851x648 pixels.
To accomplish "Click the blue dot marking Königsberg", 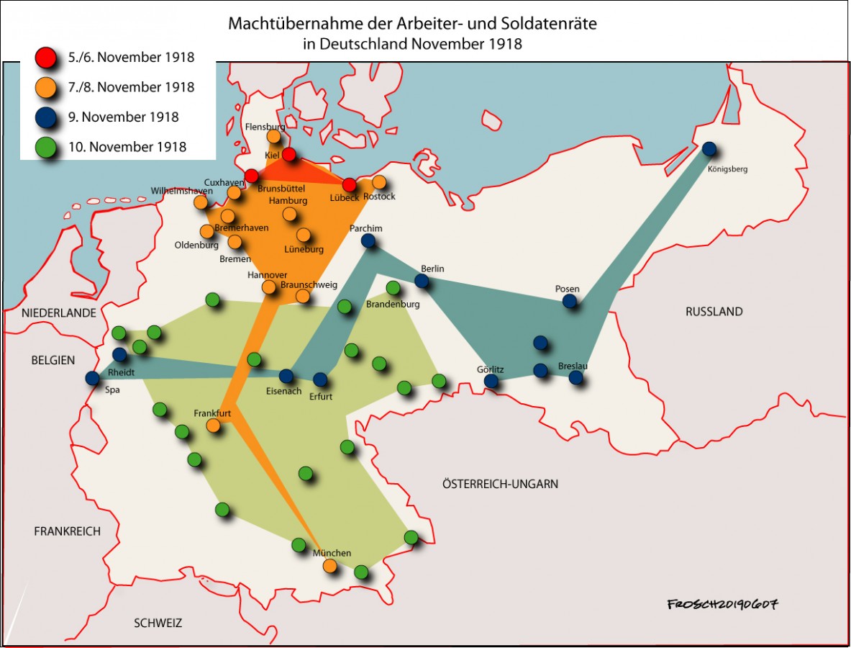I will (709, 149).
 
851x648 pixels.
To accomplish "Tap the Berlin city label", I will (433, 269).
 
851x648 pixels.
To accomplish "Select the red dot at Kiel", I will (288, 154).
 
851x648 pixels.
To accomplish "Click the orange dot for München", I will (329, 565).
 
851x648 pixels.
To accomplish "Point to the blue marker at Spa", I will (92, 378).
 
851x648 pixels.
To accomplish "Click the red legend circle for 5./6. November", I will (46, 58).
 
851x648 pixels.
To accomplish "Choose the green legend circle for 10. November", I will (46, 147).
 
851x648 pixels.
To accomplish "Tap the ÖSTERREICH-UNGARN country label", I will (500, 484).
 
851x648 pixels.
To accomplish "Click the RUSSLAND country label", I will (714, 312).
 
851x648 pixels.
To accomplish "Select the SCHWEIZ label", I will (158, 623).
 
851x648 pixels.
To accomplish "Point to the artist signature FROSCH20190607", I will (722, 603).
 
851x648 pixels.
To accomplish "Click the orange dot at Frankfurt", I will (213, 426).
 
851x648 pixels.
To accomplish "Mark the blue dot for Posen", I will (570, 301).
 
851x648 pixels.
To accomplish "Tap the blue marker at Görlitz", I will (491, 381).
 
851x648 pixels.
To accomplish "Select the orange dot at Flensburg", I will (273, 136).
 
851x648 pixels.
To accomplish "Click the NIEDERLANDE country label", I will (59, 313).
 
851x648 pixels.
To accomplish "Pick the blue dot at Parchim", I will (368, 240).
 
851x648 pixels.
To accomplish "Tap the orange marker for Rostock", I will (379, 182).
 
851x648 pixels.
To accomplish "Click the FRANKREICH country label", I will (67, 531).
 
